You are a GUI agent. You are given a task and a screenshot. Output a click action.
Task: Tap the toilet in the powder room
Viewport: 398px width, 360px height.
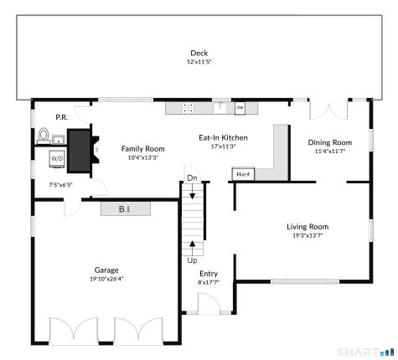tap(43, 135)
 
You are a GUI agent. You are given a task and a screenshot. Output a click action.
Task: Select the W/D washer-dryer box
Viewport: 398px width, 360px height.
tap(57, 157)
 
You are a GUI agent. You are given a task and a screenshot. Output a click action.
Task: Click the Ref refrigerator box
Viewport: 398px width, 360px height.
tap(243, 174)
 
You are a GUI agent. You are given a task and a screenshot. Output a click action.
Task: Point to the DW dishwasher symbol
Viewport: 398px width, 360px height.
tap(240, 107)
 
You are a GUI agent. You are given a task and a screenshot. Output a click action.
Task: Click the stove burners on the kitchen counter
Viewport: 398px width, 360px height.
tap(189, 107)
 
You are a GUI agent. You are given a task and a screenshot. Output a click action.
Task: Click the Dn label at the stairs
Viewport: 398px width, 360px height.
tap(192, 178)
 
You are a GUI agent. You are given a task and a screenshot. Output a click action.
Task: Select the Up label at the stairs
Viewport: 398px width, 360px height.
tap(192, 260)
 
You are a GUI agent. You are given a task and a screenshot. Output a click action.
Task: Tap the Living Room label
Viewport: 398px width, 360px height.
tap(308, 226)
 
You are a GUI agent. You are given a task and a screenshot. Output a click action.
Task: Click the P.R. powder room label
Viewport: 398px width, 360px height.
tap(61, 117)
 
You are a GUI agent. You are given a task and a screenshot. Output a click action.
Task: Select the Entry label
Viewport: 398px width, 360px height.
tap(208, 274)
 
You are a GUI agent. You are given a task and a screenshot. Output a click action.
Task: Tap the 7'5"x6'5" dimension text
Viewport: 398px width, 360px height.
tap(61, 184)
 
